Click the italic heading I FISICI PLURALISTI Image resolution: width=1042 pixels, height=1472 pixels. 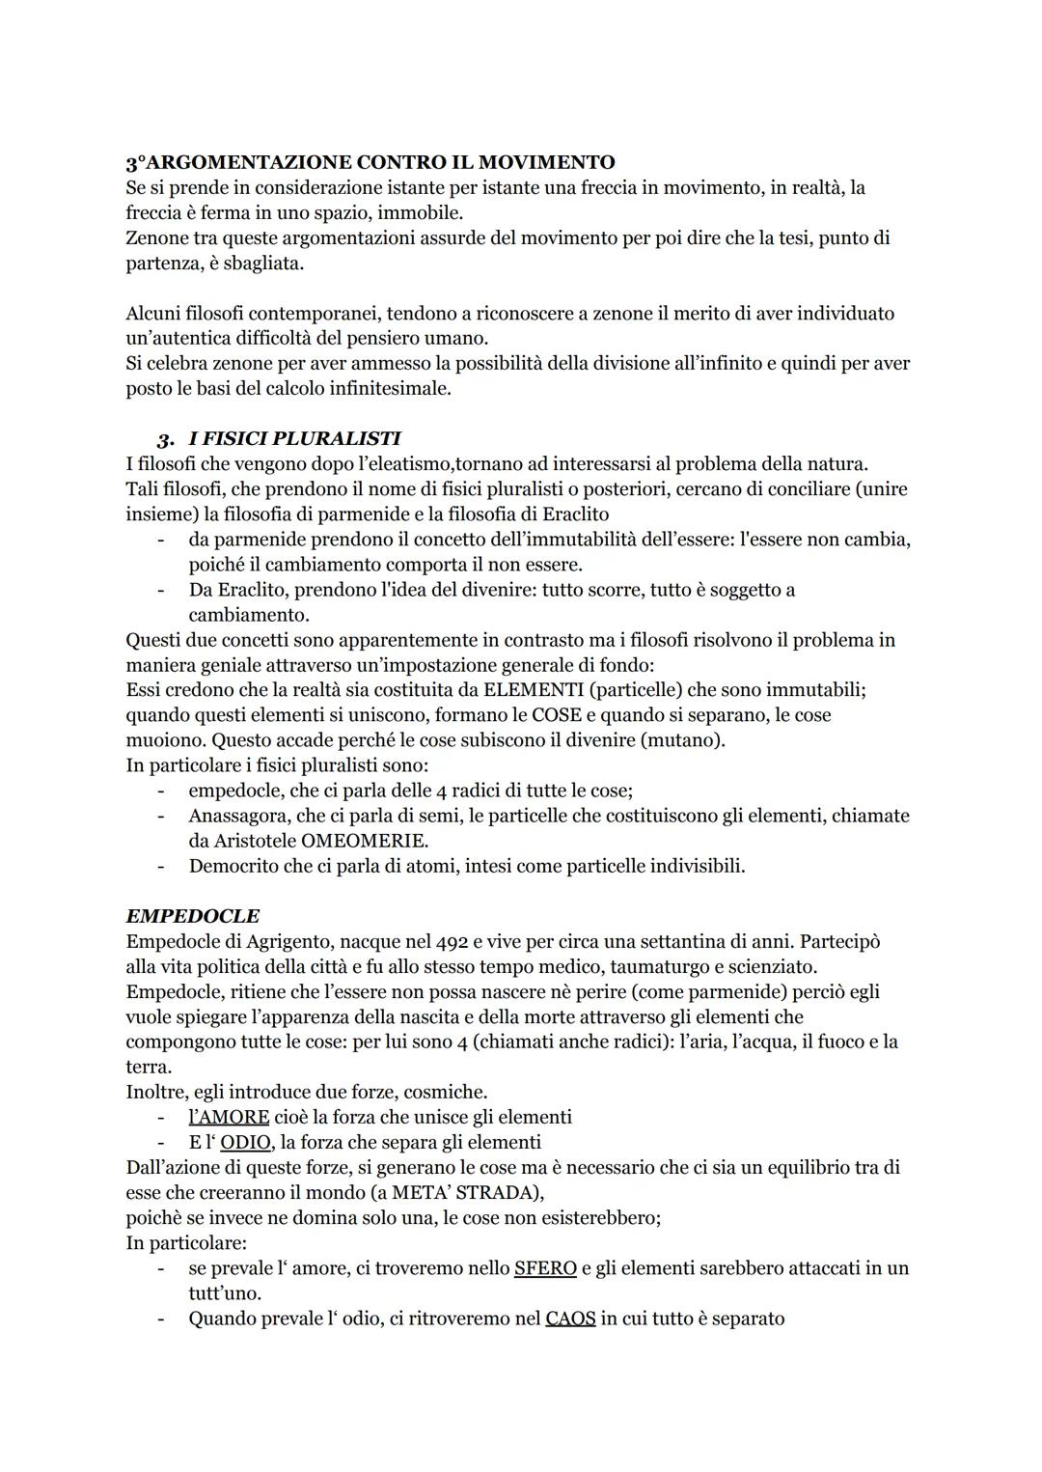point(294,438)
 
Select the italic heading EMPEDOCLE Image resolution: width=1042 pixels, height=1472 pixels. point(193,915)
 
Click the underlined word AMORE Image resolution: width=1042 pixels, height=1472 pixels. point(230,1116)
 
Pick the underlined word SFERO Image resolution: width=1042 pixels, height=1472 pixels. point(545,1266)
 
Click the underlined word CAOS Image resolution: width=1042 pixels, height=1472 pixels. point(570,1317)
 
